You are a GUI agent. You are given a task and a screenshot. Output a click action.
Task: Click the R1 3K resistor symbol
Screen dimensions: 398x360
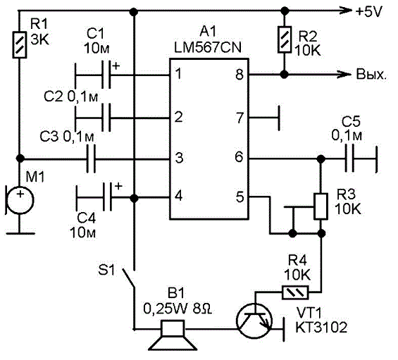pos(20,44)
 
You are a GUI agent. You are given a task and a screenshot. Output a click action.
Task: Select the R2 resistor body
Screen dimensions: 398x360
pos(285,39)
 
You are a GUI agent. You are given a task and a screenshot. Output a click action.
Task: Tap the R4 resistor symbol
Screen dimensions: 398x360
pos(295,293)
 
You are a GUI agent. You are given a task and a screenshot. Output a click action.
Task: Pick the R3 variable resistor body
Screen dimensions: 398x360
pos(321,206)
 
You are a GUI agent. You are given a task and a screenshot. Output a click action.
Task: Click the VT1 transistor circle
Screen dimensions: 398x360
pos(254,321)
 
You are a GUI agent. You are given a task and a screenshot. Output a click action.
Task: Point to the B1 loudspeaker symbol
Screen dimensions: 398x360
pos(173,335)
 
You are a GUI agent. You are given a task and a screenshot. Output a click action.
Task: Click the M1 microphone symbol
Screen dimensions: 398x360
pos(20,199)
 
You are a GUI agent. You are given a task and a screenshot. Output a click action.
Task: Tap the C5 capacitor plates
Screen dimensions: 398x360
pos(349,159)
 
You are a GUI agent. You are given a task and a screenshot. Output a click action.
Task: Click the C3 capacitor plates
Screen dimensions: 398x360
pos(91,159)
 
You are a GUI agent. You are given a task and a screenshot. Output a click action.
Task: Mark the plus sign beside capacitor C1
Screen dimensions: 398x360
pos(116,66)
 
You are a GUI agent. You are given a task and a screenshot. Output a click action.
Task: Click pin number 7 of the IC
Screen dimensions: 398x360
pos(240,118)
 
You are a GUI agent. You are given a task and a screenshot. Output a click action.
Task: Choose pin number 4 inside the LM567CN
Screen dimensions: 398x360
pos(179,196)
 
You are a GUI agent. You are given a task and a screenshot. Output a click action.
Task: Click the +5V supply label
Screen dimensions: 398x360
pos(368,11)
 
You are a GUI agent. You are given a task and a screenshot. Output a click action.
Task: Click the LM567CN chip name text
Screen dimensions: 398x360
pos(208,47)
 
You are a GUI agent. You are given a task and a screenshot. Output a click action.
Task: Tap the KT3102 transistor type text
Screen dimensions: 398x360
pos(321,328)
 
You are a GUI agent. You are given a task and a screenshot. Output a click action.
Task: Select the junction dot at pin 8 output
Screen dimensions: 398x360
pos(285,75)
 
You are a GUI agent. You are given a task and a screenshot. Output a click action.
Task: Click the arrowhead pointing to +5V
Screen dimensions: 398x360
pos(346,11)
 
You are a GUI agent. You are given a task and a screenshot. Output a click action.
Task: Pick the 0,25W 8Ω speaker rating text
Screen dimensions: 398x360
pos(178,309)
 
